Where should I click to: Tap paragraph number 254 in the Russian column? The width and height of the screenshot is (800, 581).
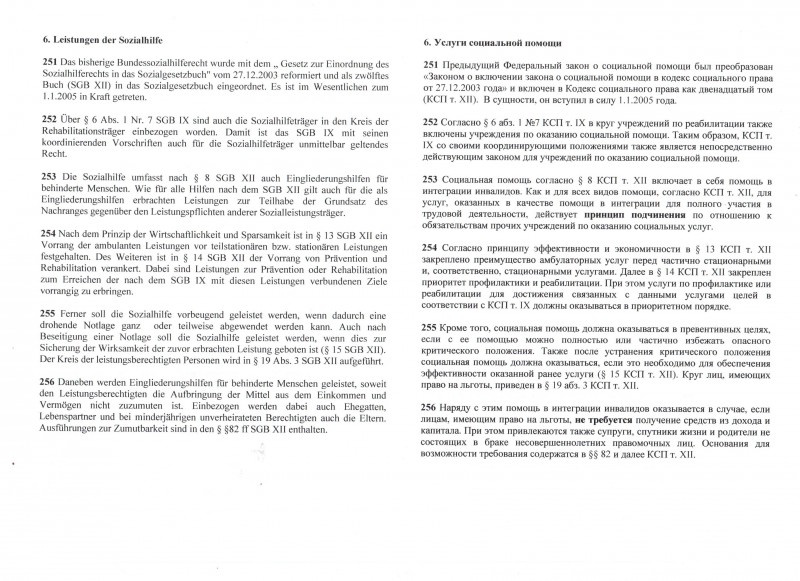pos(432,246)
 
